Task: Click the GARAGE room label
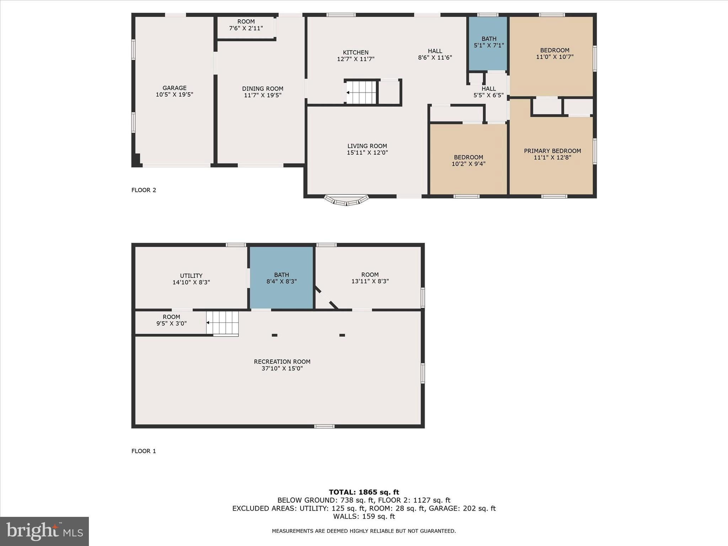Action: [174, 88]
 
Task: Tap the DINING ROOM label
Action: [263, 89]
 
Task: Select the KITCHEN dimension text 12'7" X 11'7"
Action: [355, 59]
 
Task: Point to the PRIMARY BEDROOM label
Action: [552, 151]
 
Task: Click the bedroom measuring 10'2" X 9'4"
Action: [468, 160]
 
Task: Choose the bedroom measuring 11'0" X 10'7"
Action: [554, 54]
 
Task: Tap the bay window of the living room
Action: [346, 201]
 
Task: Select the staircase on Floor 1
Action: [223, 323]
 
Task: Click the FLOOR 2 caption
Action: [144, 190]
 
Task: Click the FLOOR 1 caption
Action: [144, 451]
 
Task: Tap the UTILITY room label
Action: [191, 276]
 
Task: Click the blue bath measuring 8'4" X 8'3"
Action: [281, 278]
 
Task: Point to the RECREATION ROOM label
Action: [282, 362]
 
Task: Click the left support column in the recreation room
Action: [274, 335]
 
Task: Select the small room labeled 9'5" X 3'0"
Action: [171, 320]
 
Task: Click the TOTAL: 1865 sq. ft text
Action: [364, 492]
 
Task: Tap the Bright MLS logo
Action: [44, 531]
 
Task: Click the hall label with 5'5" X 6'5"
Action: [488, 89]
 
